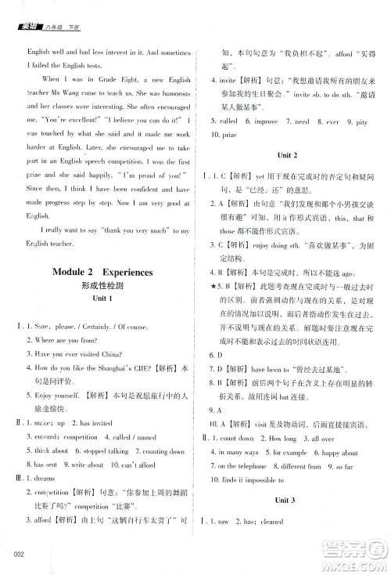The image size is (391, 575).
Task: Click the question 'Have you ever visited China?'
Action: pyautogui.click(x=77, y=354)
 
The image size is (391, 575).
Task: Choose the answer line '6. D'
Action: pyautogui.click(x=217, y=355)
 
